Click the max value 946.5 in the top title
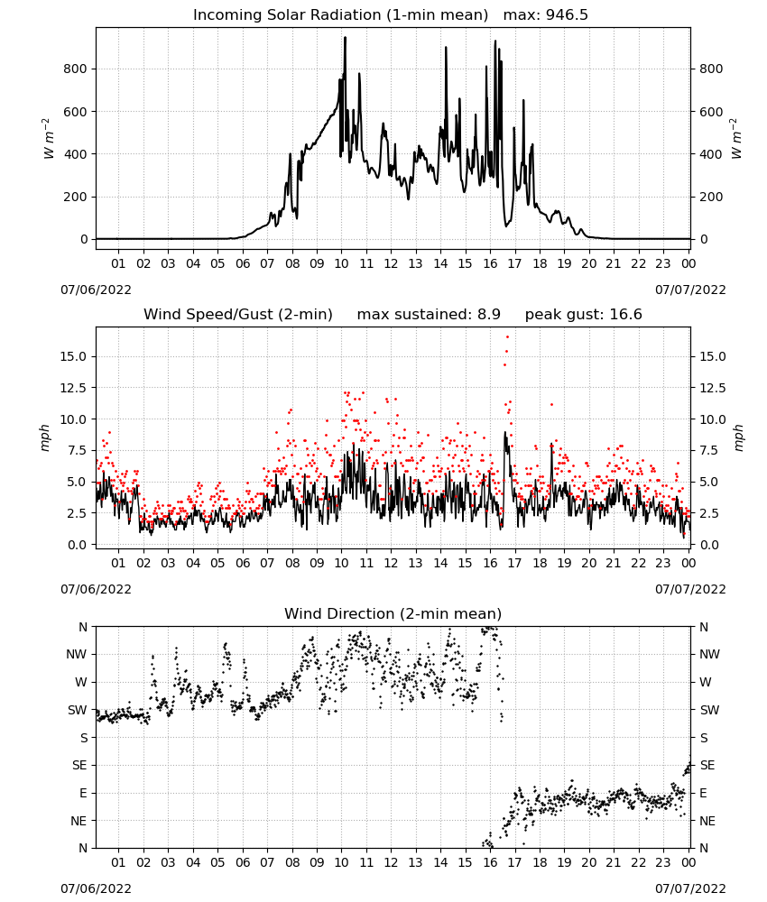[x=567, y=15]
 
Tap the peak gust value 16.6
[x=625, y=315]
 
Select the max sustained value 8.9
[x=488, y=315]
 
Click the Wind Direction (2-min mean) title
[x=393, y=613]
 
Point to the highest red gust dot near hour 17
[x=507, y=337]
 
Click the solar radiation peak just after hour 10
[x=346, y=38]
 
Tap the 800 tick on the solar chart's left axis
[x=75, y=69]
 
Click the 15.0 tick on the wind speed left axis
[x=73, y=356]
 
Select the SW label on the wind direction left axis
[x=78, y=711]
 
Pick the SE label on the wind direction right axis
[x=707, y=766]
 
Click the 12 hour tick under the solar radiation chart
[x=391, y=264]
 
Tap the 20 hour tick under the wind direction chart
[x=588, y=862]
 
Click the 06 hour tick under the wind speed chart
[x=243, y=563]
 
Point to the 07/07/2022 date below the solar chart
[x=690, y=290]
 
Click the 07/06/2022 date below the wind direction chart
[x=96, y=888]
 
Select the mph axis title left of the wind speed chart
[x=45, y=437]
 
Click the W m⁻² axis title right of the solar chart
[x=736, y=139]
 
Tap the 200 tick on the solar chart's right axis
[x=711, y=197]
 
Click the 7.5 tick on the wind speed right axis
[x=709, y=450]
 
